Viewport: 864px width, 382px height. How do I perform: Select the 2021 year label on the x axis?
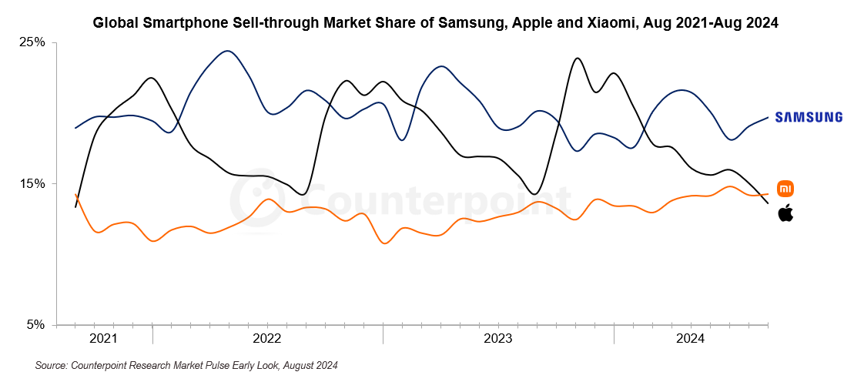[103, 339]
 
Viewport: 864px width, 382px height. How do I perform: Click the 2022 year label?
[266, 339]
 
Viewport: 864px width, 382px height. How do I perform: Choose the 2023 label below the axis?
[497, 339]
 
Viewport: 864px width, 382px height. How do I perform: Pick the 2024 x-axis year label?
[690, 339]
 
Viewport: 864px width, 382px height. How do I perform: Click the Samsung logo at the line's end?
[809, 117]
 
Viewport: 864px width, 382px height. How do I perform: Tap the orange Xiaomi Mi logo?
[785, 189]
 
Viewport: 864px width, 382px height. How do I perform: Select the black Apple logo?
[785, 213]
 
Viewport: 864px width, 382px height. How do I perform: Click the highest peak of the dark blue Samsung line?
[227, 52]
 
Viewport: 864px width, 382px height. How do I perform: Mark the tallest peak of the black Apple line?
[577, 58]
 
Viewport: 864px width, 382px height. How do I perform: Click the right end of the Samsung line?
[768, 117]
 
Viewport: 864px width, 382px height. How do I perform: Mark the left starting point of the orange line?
[75, 194]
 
